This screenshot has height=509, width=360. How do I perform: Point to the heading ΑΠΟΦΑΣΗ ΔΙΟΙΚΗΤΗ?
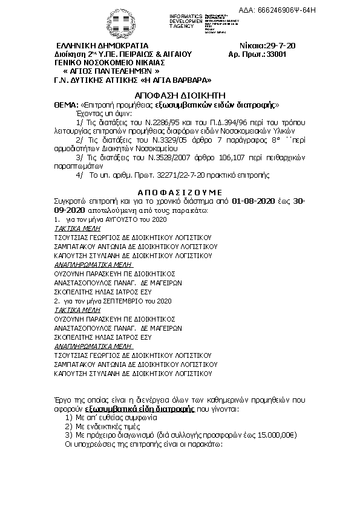180,96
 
